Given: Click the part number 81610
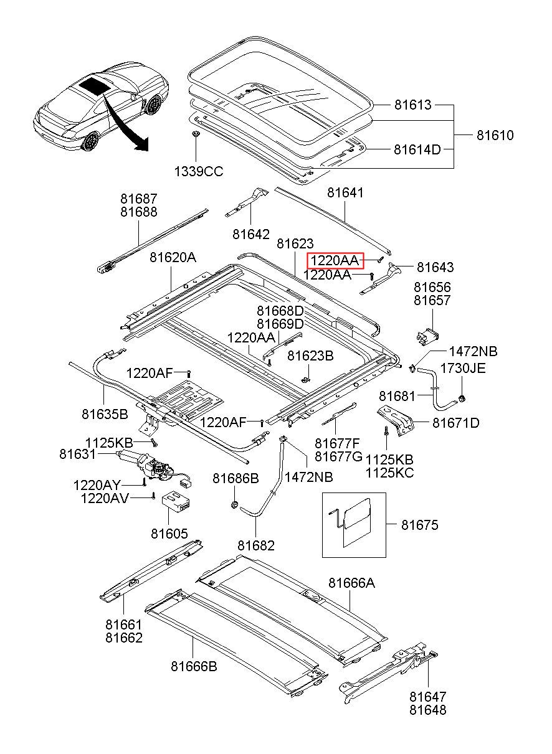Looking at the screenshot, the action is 495,135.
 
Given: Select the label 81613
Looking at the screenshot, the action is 412,105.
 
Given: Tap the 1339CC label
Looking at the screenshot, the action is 198,172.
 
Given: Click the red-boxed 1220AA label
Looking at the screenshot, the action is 335,260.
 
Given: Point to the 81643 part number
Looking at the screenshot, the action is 435,267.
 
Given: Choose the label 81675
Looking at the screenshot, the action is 420,525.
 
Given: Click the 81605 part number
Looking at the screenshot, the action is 169,534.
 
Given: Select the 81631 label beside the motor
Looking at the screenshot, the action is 77,454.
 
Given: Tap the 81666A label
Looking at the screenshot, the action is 351,583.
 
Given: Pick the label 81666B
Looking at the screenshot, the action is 194,666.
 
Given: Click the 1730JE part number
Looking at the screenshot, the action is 463,368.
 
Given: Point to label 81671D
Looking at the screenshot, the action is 455,423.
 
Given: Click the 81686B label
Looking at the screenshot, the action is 236,478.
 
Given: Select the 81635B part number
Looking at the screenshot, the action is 105,414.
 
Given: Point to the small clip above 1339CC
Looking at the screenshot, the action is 196,134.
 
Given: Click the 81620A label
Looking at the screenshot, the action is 173,258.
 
